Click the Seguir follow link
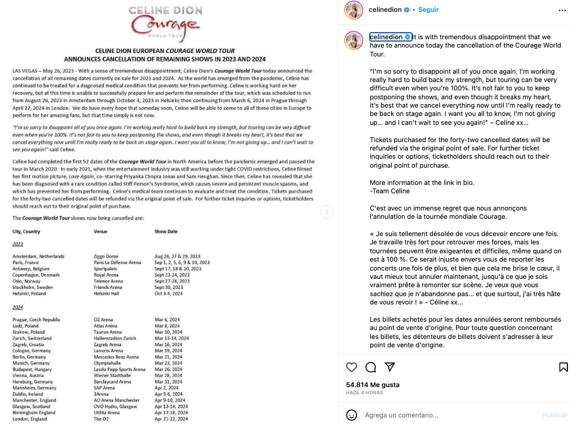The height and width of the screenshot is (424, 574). pyautogui.click(x=428, y=10)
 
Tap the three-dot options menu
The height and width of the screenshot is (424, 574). pyautogui.click(x=562, y=10)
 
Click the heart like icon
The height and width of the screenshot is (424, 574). pyautogui.click(x=352, y=367)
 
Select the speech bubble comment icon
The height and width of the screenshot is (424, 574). pyautogui.click(x=370, y=367)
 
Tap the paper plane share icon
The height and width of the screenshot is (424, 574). pyautogui.click(x=389, y=367)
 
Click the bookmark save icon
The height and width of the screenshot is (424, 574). pyautogui.click(x=563, y=367)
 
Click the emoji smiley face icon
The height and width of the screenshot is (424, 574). pyautogui.click(x=352, y=414)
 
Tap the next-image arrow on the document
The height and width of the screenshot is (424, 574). pyautogui.click(x=327, y=212)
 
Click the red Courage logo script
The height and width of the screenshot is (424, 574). pyautogui.click(x=166, y=26)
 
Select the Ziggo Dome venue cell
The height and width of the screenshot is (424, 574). pyautogui.click(x=107, y=256)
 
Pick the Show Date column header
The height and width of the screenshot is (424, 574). pyautogui.click(x=166, y=231)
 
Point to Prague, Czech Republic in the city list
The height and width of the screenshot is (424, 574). pyautogui.click(x=36, y=319)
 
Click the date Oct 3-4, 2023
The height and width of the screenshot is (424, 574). pyautogui.click(x=169, y=293)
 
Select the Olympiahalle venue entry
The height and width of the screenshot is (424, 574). pyautogui.click(x=108, y=363)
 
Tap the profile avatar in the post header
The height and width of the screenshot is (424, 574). pyautogui.click(x=356, y=10)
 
